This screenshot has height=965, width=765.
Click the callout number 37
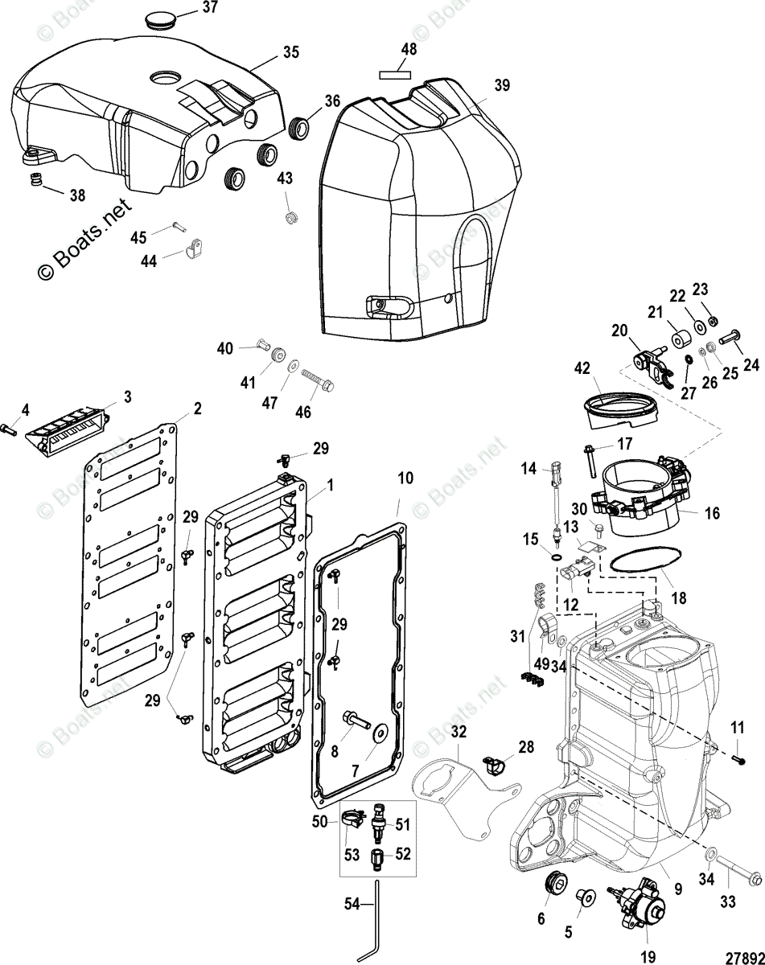[209, 8]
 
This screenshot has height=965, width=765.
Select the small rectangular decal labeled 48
[394, 74]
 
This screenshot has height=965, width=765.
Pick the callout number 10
[405, 478]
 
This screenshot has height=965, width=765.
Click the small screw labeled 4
[10, 429]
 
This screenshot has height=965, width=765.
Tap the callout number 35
[290, 52]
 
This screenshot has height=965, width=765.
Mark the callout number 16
[712, 513]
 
